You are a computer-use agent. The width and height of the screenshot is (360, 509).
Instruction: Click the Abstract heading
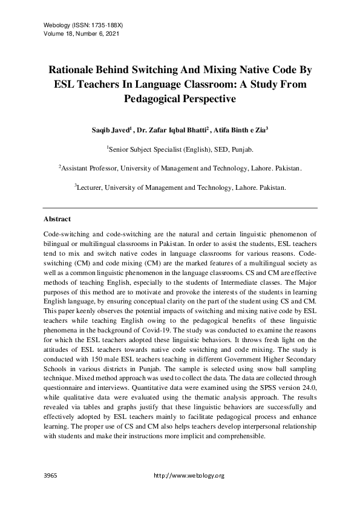tap(57, 219)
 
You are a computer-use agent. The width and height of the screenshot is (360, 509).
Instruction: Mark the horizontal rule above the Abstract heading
tap(180, 207)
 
